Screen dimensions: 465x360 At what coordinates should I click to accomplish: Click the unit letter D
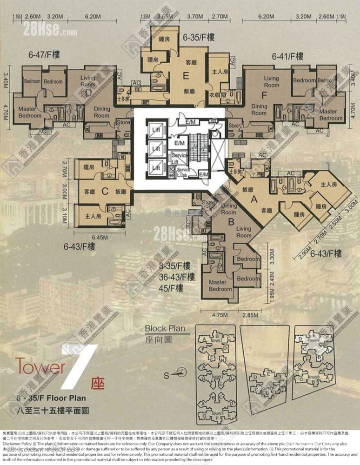coord(88,93)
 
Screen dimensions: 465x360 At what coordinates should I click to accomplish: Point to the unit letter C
coord(105,190)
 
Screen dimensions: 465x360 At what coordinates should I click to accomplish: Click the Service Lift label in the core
coord(179,158)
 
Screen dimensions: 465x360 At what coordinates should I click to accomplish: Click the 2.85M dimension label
coord(250,315)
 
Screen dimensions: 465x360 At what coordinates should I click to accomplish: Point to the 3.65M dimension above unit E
coord(165,16)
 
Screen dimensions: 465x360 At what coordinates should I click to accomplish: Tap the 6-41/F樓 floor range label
coord(288,57)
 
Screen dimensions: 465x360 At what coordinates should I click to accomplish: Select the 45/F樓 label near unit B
coord(173,288)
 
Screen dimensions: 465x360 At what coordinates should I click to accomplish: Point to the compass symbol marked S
coord(182,372)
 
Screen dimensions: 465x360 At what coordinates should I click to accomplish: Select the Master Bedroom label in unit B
coord(220,286)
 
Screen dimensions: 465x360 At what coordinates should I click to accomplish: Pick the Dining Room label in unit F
coord(259,109)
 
